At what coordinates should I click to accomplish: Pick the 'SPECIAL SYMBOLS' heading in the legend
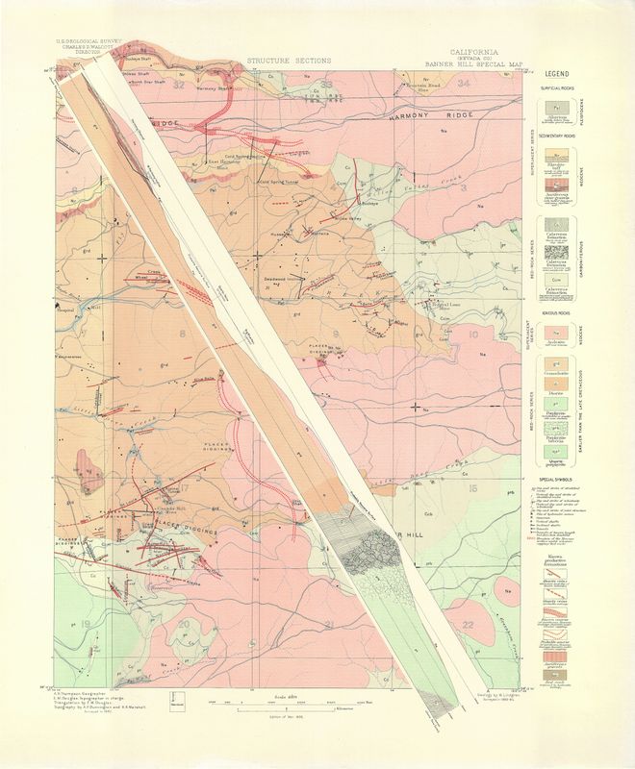click(x=559, y=478)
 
